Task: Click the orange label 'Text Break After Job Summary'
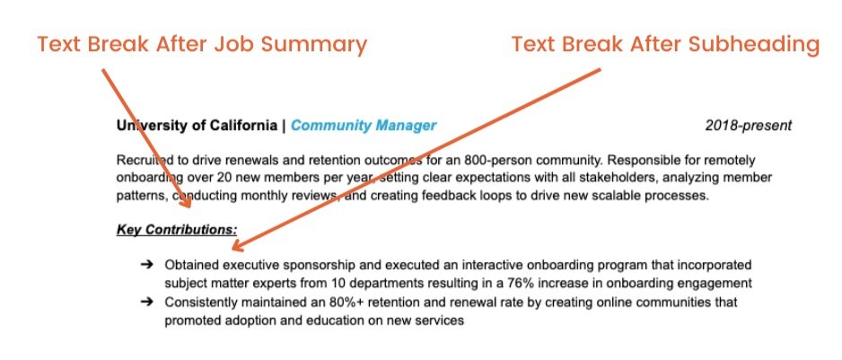(202, 44)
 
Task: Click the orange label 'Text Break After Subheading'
(665, 44)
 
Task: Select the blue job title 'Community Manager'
(364, 126)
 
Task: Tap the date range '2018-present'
(748, 126)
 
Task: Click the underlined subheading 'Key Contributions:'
(177, 230)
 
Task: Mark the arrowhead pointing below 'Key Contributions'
(236, 245)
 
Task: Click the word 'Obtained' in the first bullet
(192, 266)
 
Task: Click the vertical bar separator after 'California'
(284, 126)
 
